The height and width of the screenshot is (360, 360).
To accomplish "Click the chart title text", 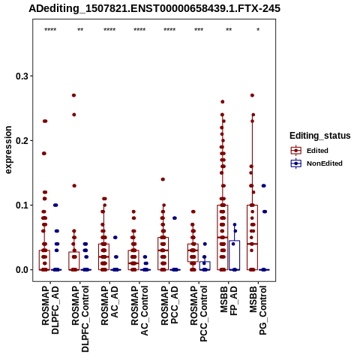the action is pos(154,8).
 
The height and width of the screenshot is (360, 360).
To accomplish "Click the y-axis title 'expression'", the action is pos(8,150).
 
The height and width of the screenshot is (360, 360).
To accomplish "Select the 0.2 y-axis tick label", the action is pos(22,140).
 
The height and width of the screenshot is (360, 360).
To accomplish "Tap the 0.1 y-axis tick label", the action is pos(22,205).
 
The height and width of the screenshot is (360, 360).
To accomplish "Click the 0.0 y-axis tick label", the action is pos(22,270).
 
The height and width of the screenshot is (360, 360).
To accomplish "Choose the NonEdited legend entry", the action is pos(316,163).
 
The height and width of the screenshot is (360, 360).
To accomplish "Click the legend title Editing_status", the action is pos(320,136).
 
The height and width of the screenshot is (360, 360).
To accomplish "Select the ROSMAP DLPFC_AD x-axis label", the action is pos(50,310).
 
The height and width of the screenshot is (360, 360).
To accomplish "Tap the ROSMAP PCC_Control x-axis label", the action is pos(199,313).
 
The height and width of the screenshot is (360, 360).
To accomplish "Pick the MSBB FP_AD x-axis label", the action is pos(229,301).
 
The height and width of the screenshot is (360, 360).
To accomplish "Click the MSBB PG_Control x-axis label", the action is pos(258,310).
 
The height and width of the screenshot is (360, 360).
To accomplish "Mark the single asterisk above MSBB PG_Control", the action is pos(258,30).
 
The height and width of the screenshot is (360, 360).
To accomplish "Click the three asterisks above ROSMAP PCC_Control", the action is pos(199,30).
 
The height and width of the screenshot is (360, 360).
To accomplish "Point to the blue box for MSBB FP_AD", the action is pos(235,255).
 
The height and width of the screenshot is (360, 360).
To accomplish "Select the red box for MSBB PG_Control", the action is pos(252,238).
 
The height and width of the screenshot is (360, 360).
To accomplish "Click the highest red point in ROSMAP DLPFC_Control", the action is pos(73,95).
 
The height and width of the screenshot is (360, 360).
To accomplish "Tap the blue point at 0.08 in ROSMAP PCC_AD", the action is pos(175,218).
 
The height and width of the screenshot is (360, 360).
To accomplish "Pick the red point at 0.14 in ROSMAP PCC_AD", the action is pos(163,179).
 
